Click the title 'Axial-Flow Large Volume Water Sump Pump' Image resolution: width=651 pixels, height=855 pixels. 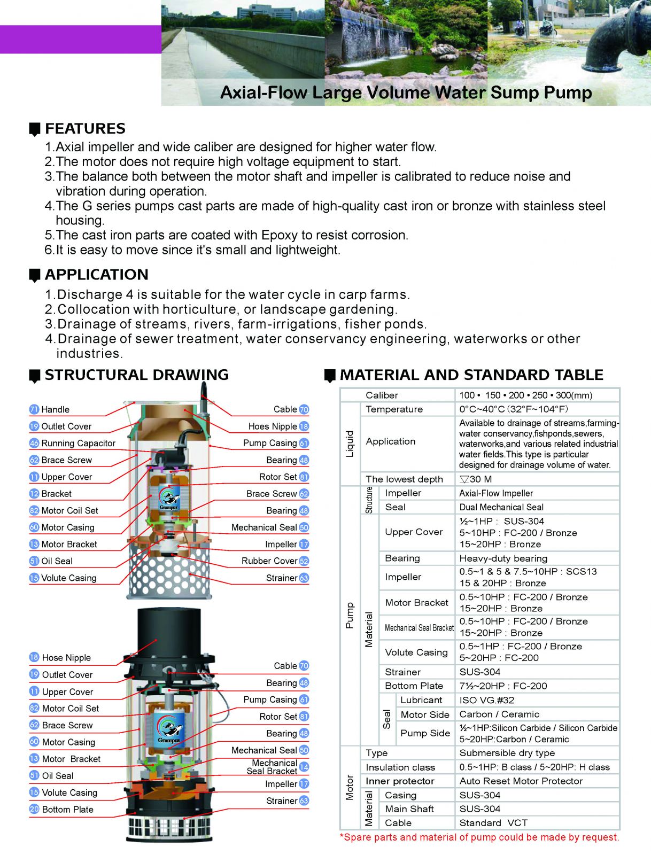click(406, 92)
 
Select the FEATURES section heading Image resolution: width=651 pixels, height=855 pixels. click(85, 129)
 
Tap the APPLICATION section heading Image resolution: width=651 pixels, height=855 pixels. click(96, 275)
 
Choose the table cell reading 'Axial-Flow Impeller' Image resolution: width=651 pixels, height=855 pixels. click(496, 493)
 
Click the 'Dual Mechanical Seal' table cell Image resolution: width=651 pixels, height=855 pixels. click(501, 507)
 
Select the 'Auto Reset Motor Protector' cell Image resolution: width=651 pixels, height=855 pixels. click(521, 781)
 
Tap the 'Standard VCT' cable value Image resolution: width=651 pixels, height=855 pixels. click(493, 823)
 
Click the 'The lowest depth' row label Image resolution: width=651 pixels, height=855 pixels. click(404, 479)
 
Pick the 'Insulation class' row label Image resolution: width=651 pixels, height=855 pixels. click(400, 767)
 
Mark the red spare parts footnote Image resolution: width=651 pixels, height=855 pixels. click(479, 837)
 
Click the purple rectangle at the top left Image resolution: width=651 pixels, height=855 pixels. click(80, 39)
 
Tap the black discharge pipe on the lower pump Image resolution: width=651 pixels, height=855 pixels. click(170, 631)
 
